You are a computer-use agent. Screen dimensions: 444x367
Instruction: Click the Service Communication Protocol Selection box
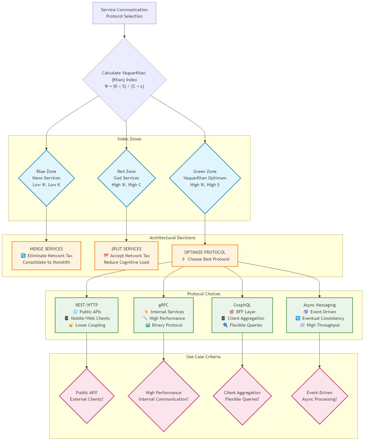124,13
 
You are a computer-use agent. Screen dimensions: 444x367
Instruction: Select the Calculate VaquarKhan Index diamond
124,80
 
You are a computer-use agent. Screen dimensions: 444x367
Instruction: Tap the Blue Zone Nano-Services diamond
46,178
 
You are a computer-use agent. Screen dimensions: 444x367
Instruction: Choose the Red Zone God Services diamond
126,178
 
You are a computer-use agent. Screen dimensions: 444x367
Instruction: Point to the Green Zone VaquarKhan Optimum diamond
205,178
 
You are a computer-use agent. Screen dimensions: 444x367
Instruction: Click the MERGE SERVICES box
46,256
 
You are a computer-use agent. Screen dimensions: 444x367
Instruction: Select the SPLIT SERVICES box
126,256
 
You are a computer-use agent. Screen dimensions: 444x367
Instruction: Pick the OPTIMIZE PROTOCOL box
205,256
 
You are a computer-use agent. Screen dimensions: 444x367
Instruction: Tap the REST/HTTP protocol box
86,315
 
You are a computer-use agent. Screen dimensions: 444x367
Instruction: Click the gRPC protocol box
164,315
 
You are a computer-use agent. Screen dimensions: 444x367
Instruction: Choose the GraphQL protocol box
242,315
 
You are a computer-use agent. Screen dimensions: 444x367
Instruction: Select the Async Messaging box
320,315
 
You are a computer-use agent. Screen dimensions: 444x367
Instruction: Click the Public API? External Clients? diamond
87,396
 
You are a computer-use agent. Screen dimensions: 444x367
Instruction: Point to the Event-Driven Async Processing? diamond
320,396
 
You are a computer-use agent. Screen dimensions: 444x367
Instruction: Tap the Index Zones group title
129,139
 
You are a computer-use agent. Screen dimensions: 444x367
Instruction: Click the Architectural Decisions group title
172,238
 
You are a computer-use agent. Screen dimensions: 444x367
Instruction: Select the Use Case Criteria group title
203,357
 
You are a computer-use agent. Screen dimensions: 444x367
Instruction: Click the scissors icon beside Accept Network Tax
106,256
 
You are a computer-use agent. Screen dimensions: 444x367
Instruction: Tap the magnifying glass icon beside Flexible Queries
225,325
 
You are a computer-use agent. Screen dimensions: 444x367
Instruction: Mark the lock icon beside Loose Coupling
71,325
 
